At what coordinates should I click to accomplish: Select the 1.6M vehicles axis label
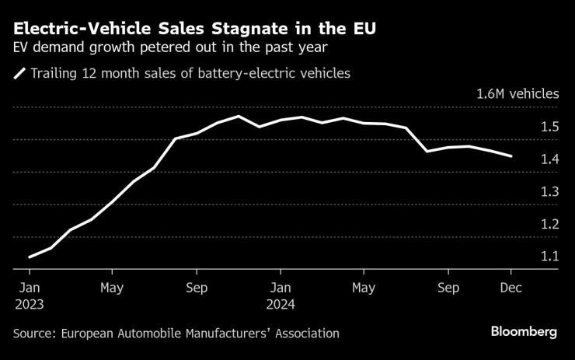517,94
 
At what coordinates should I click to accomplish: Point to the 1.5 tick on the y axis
549,127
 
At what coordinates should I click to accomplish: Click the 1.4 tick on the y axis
549,159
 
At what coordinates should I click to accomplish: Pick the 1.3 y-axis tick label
549,191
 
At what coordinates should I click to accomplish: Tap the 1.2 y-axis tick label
549,224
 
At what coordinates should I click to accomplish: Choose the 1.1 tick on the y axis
549,257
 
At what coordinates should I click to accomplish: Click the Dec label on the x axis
511,287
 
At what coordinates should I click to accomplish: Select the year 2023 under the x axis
29,305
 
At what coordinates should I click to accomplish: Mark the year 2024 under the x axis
281,305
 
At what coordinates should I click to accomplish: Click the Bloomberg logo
524,332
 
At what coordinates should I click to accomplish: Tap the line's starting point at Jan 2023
30,257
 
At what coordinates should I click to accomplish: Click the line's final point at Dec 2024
511,156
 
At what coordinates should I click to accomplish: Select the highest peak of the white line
239,117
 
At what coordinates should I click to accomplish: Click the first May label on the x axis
113,287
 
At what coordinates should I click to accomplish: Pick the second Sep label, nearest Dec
448,287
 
